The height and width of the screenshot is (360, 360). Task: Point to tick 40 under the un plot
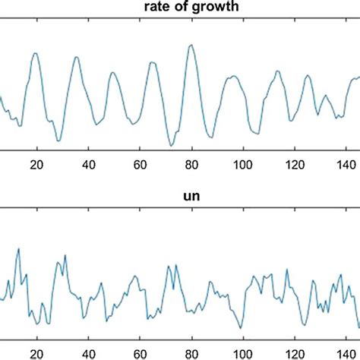coord(88,352)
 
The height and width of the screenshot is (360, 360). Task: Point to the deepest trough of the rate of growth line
coord(172,145)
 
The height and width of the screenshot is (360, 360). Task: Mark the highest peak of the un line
coord(18,249)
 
